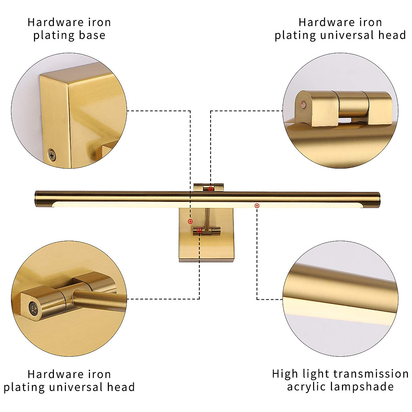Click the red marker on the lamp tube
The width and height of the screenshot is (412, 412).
click(257, 206)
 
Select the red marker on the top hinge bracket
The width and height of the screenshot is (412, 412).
click(210, 188)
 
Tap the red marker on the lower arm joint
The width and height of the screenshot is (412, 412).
click(199, 231)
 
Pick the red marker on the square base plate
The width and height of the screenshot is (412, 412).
click(190, 221)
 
